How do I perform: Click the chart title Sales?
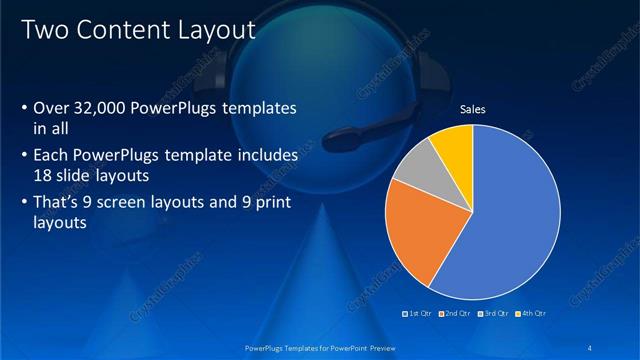pyautogui.click(x=472, y=110)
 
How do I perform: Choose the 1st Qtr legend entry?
pyautogui.click(x=418, y=313)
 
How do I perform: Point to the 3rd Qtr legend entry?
pyautogui.click(x=494, y=313)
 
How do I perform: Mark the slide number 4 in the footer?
pyautogui.click(x=592, y=347)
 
